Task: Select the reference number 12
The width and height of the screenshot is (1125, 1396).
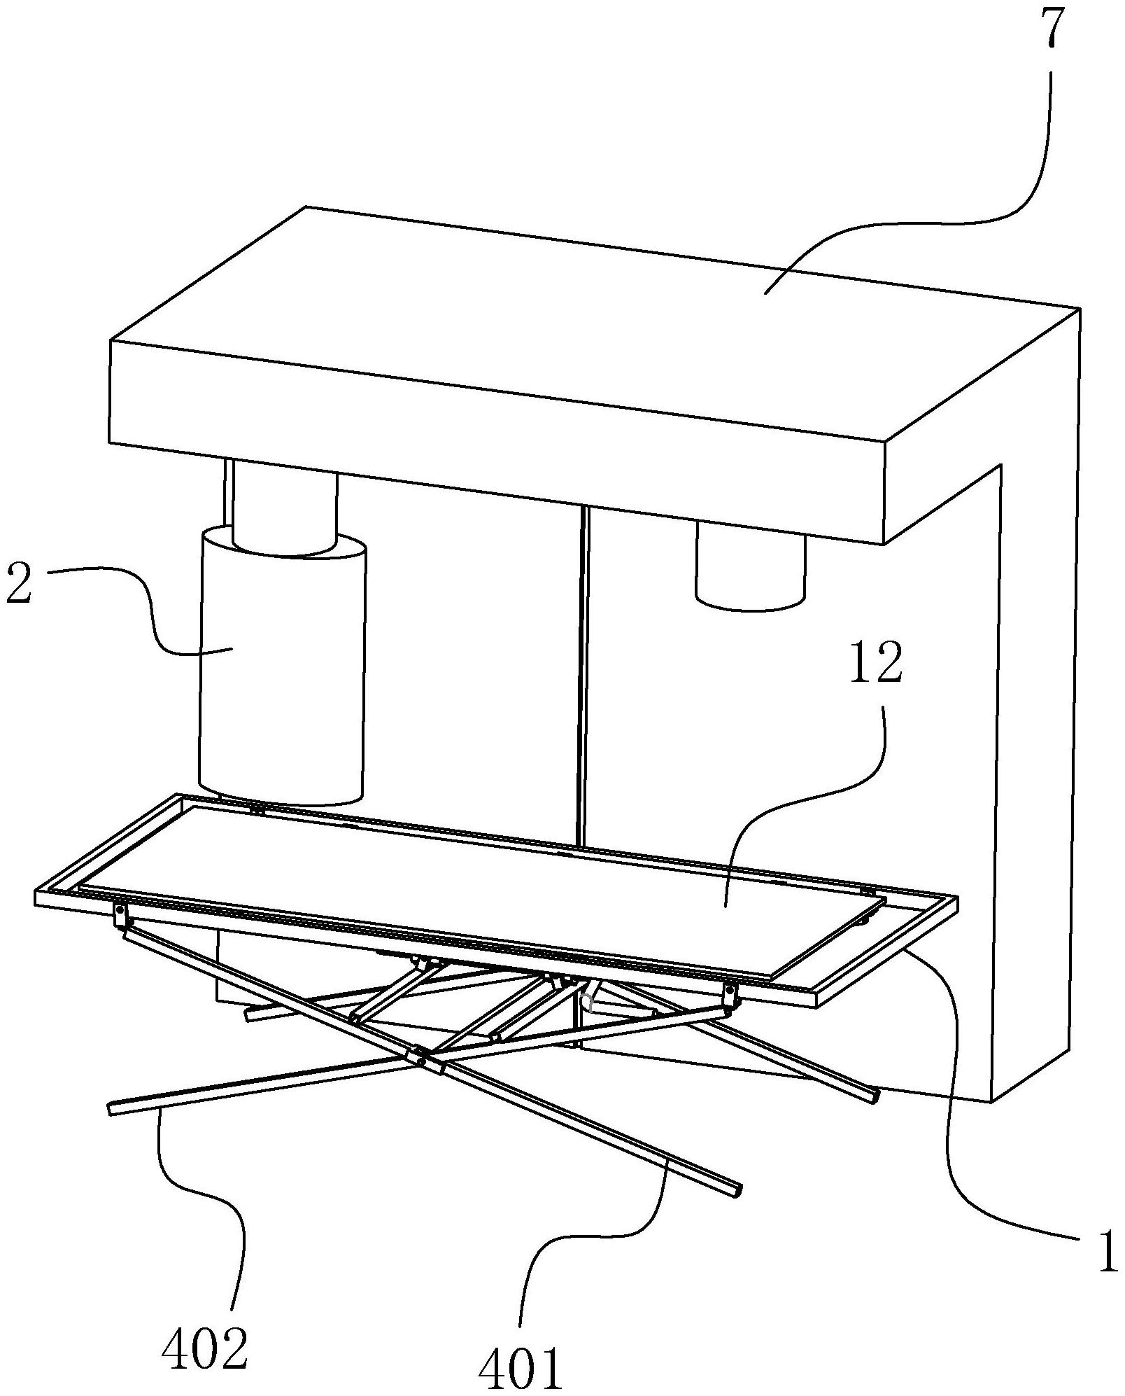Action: pos(875,665)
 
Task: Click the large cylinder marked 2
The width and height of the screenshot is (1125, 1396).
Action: pos(282,672)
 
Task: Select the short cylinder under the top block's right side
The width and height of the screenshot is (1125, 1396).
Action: pos(750,571)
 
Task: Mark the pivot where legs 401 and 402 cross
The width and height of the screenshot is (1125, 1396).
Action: pos(420,1059)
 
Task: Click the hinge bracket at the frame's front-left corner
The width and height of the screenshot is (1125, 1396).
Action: pos(121,914)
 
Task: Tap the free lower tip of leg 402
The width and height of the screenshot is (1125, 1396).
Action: pos(114,1109)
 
